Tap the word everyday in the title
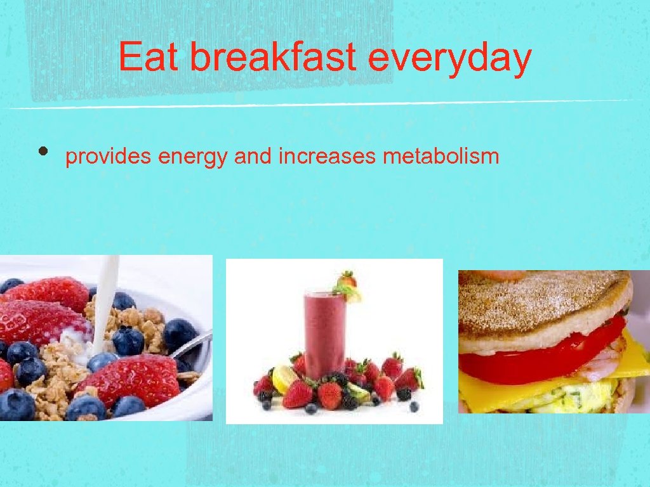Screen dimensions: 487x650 click(449, 58)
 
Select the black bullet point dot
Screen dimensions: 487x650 click(43, 152)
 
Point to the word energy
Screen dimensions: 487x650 click(192, 157)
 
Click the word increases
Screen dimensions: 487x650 click(327, 156)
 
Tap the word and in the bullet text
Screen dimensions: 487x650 click(252, 156)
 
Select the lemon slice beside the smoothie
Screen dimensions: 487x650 click(284, 379)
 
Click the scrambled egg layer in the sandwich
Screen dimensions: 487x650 click(559, 396)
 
